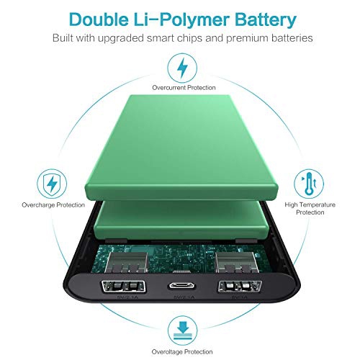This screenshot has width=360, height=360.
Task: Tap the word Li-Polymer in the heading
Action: click(x=179, y=16)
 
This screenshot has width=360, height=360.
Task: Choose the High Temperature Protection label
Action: click(x=310, y=208)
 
